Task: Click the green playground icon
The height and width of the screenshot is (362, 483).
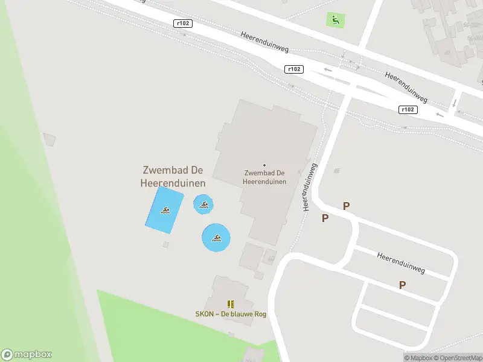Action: point(334,20)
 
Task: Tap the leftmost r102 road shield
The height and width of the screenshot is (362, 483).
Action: point(182,24)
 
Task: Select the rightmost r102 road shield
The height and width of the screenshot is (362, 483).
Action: point(408,109)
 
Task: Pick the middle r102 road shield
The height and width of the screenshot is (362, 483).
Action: point(293,69)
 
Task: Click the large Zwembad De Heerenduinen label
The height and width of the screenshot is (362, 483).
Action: point(173,177)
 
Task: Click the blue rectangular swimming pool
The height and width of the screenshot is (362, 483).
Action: point(164,210)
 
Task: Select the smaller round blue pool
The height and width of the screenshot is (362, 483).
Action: point(203,205)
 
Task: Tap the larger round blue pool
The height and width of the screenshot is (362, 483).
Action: point(216,238)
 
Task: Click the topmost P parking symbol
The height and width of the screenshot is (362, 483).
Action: point(346,206)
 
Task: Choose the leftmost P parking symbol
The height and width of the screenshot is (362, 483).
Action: point(325,218)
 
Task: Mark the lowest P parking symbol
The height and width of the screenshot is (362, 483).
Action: point(402,285)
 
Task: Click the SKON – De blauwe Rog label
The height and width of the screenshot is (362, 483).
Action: point(231,314)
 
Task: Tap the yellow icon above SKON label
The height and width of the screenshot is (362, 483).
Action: point(231,304)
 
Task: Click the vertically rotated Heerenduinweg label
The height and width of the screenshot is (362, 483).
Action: point(309,187)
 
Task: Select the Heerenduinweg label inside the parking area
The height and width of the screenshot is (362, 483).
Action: point(401,264)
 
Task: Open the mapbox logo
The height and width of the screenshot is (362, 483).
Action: point(27,355)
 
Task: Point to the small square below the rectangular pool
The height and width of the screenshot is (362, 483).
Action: point(166,244)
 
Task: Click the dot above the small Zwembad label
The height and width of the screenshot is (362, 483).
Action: point(264,165)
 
